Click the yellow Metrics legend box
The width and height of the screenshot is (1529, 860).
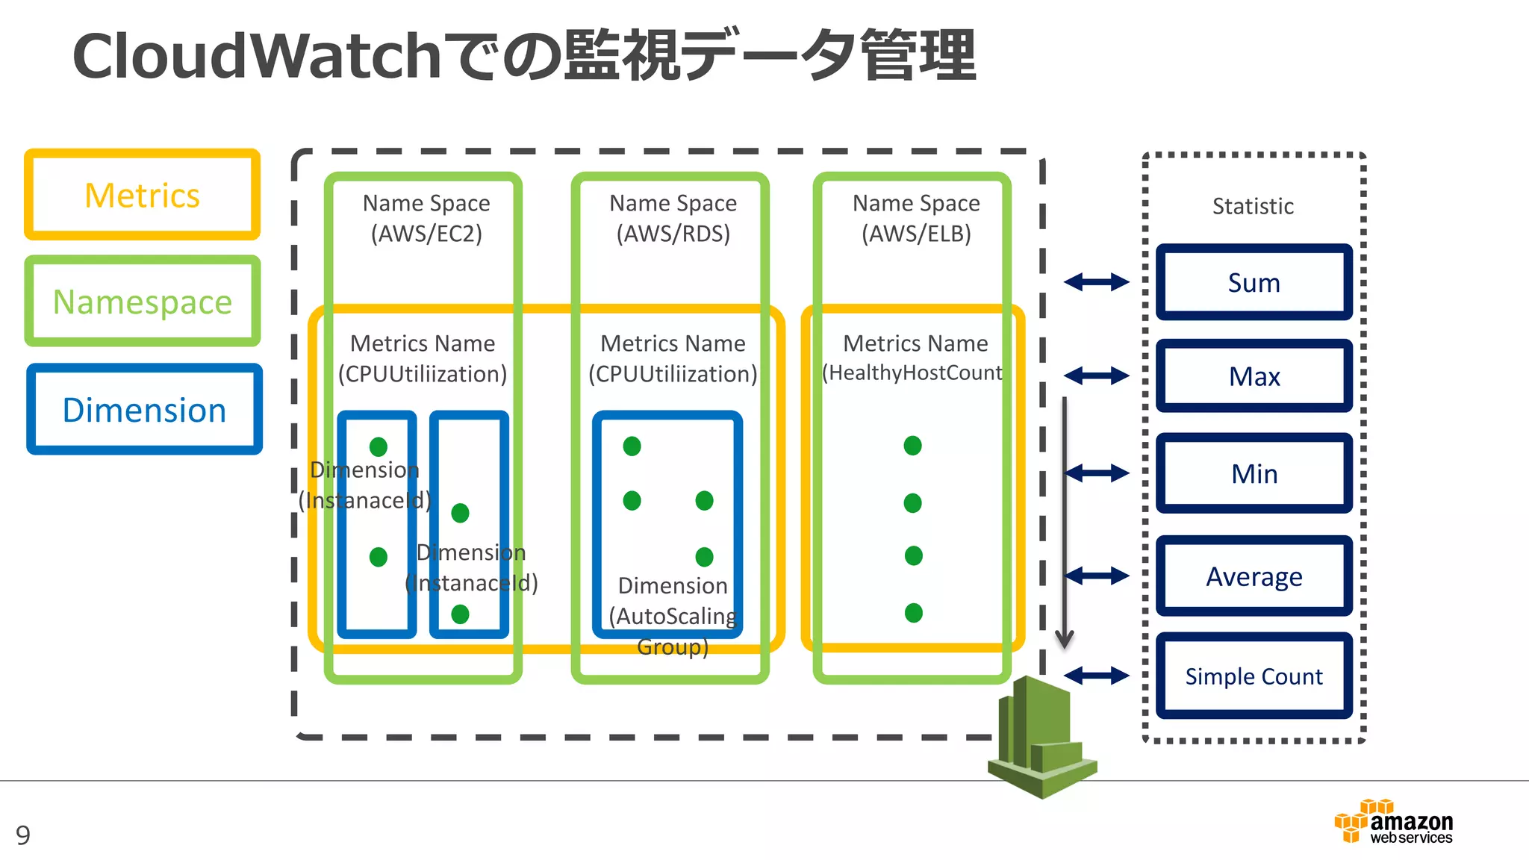coord(142,195)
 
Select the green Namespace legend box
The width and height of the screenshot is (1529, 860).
coord(142,302)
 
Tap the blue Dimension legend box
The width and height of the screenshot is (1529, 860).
coord(144,410)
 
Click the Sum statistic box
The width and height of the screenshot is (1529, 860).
coord(1254,282)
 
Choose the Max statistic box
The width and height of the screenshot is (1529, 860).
coord(1254,376)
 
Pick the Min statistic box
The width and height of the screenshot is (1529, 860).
coord(1254,473)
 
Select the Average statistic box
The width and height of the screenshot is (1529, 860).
coord(1254,576)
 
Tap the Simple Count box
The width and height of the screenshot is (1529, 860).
coord(1254,676)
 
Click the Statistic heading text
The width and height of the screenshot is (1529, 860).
coord(1253,206)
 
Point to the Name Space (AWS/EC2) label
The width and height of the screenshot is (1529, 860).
coord(426,218)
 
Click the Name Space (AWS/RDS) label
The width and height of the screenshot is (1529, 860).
coord(673,218)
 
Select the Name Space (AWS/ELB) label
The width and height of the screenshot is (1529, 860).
coord(916,218)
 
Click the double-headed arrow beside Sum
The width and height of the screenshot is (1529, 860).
coord(1096,282)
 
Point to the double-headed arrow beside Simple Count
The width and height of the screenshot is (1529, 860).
coord(1096,676)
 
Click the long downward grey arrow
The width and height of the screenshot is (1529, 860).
coord(1064,523)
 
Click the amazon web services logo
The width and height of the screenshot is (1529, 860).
coord(1393,822)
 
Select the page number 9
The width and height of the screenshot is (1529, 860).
coord(23,835)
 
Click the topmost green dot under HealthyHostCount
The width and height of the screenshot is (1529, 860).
coord(912,446)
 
